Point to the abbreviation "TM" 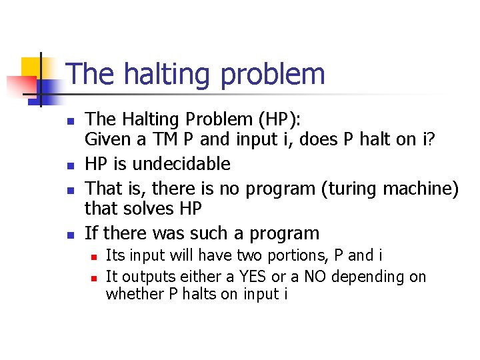pos(167,141)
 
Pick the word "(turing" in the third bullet pos(349,188)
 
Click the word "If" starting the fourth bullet pos(91,233)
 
